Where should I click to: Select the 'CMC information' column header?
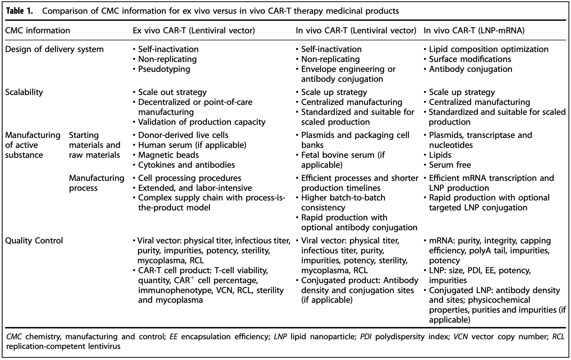tap(38, 30)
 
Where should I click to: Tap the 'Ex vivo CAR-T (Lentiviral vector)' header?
tap(194, 30)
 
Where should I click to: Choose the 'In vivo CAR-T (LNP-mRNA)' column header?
tap(474, 30)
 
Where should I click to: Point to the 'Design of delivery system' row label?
tap(55, 49)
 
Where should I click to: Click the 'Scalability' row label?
tap(24, 92)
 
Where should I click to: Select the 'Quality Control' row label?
tap(34, 240)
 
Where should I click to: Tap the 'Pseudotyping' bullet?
tap(162, 69)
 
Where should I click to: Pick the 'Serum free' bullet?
tap(447, 165)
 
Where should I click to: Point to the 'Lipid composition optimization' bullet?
tap(486, 49)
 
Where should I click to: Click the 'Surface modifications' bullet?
tap(467, 59)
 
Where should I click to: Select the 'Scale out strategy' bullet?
tap(170, 92)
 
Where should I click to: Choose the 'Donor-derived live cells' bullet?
tap(181, 135)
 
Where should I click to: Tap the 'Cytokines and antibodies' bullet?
tap(184, 165)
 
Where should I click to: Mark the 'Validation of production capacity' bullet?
tap(199, 122)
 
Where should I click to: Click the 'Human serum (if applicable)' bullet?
tap(190, 145)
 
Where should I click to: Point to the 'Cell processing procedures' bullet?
tap(187, 178)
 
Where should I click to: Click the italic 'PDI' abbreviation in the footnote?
tap(366, 337)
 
